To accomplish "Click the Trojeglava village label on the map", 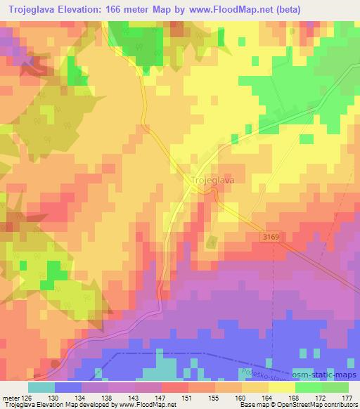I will [212, 180].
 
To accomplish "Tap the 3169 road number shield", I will [276, 238].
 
